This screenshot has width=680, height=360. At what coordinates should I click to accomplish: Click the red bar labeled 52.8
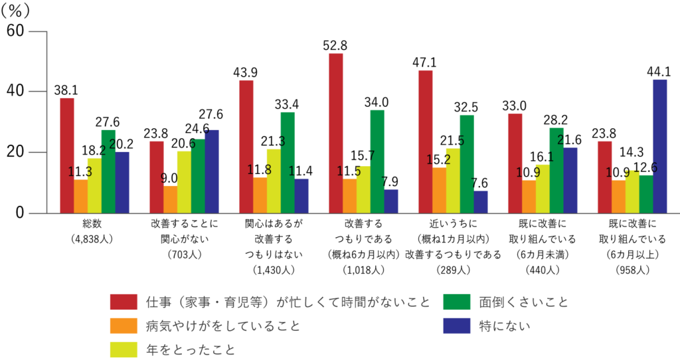336,133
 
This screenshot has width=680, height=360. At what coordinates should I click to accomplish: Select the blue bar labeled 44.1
659,146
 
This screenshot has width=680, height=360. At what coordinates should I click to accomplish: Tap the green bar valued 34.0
377,161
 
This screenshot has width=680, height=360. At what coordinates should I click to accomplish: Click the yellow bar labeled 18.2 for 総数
94,185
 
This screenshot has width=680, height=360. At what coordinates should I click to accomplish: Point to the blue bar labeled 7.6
480,202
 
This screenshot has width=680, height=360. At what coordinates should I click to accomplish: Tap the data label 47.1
425,62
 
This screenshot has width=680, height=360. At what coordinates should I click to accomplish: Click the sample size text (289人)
452,270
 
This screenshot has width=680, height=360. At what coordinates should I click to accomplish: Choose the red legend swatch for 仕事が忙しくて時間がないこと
124,302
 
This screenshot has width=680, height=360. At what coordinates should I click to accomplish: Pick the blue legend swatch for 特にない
456,325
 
